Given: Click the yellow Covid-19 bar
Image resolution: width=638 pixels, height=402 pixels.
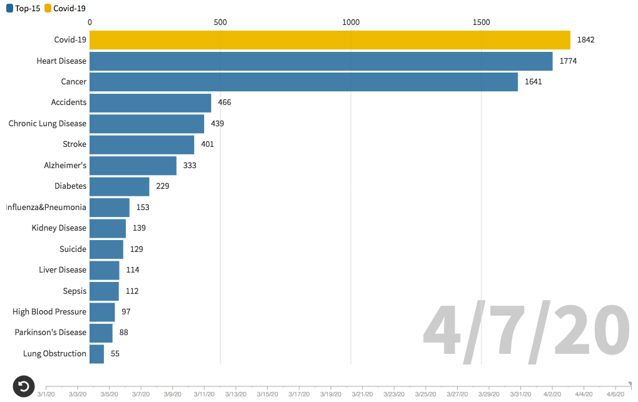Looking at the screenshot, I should (330, 40).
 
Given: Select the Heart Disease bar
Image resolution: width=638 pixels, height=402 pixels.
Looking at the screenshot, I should (321, 61).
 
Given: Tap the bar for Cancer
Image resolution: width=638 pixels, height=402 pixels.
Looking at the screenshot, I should (304, 82).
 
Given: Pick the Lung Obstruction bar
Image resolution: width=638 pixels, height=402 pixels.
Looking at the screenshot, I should (97, 354).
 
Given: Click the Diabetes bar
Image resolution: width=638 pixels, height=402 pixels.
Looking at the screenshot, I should (120, 186).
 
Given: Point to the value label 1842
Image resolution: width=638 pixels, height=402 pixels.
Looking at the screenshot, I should (585, 40).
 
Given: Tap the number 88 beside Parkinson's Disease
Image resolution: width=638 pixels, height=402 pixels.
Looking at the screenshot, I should (123, 333).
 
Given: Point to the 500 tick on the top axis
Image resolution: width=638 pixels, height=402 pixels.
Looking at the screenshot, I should (220, 23).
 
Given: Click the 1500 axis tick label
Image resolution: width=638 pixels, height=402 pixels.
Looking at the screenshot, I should (481, 23).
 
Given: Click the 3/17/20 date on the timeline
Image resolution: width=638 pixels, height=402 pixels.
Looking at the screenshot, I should (299, 394).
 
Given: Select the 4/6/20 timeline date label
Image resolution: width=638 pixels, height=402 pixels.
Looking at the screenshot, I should (615, 394).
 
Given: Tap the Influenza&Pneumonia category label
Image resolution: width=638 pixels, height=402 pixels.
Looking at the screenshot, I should (46, 208).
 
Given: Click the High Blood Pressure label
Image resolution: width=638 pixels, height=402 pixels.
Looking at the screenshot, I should (49, 312).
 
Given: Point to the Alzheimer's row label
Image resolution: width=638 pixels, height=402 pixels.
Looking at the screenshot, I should (65, 166).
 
